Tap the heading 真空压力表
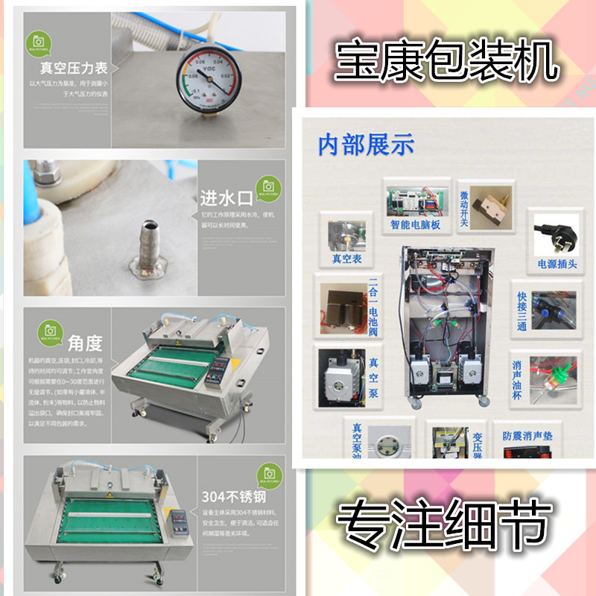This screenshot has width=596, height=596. [71, 69]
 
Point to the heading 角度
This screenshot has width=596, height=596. [85, 343]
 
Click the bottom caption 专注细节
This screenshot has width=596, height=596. [446, 523]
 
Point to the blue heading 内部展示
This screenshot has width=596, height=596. [366, 145]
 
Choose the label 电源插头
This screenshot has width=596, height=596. [557, 264]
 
